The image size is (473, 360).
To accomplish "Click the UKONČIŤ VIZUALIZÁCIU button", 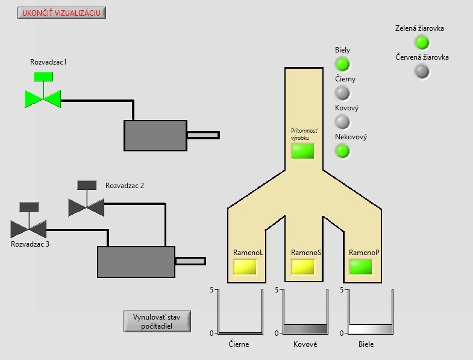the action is coord(61,13).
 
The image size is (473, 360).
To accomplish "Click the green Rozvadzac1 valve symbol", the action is coord(43,90).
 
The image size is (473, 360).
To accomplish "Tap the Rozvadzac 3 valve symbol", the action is coord(29,220).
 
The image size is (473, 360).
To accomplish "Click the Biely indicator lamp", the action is coord(342,64).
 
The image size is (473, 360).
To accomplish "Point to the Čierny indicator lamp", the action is coord(342,93).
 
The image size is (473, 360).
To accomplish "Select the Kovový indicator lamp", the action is coord(342,122).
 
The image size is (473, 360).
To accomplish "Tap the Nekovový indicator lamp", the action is coord(342,151).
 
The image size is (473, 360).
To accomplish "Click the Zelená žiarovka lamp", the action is coord(422,42).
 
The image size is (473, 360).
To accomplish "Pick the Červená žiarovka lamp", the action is coord(422,71).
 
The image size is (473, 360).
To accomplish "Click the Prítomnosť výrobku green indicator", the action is coord(302,151).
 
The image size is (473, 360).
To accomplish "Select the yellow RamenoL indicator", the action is coord(245,267).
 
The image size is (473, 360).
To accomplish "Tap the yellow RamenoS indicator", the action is coord(303,267).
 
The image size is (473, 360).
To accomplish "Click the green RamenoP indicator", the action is coord(360,267).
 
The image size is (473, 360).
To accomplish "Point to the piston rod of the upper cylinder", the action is coord(203,135).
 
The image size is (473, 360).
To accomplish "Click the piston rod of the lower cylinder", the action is coord(190,261).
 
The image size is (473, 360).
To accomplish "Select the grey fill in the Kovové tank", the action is coord(305,329).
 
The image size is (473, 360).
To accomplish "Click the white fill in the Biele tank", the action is coord(371,329).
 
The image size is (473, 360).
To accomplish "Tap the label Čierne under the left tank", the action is coord(239,344).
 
